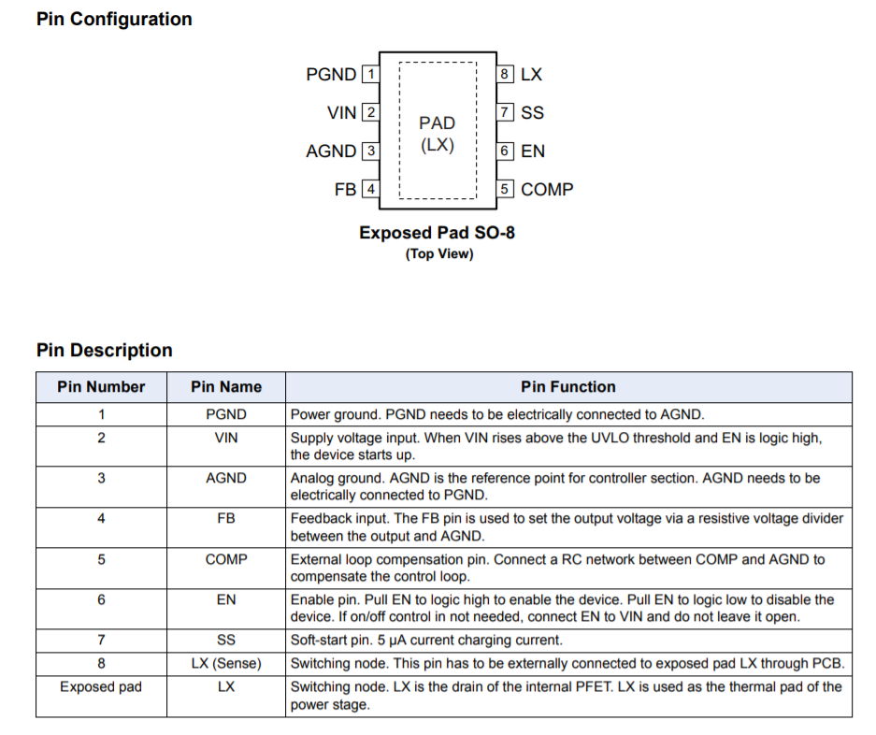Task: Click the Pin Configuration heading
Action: [x=114, y=19]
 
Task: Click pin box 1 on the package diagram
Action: [x=370, y=74]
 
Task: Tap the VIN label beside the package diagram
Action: [x=341, y=112]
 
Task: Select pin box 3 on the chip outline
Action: [x=370, y=151]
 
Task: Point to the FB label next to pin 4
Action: [x=345, y=189]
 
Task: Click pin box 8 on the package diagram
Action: [x=505, y=74]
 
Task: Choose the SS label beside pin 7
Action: [x=532, y=112]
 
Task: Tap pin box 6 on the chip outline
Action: [x=505, y=151]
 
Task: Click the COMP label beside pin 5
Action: [x=547, y=189]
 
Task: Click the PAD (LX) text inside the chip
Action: [x=438, y=134]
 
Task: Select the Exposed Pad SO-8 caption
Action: [x=437, y=233]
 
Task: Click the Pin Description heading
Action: [x=105, y=351]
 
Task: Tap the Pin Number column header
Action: [x=101, y=387]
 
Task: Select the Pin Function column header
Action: [x=568, y=387]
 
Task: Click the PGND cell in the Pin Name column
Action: [x=226, y=414]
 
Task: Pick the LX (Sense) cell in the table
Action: [x=226, y=664]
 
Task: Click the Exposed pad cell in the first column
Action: [x=101, y=687]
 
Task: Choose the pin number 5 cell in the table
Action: [x=101, y=560]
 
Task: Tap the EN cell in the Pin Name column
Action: [x=226, y=600]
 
